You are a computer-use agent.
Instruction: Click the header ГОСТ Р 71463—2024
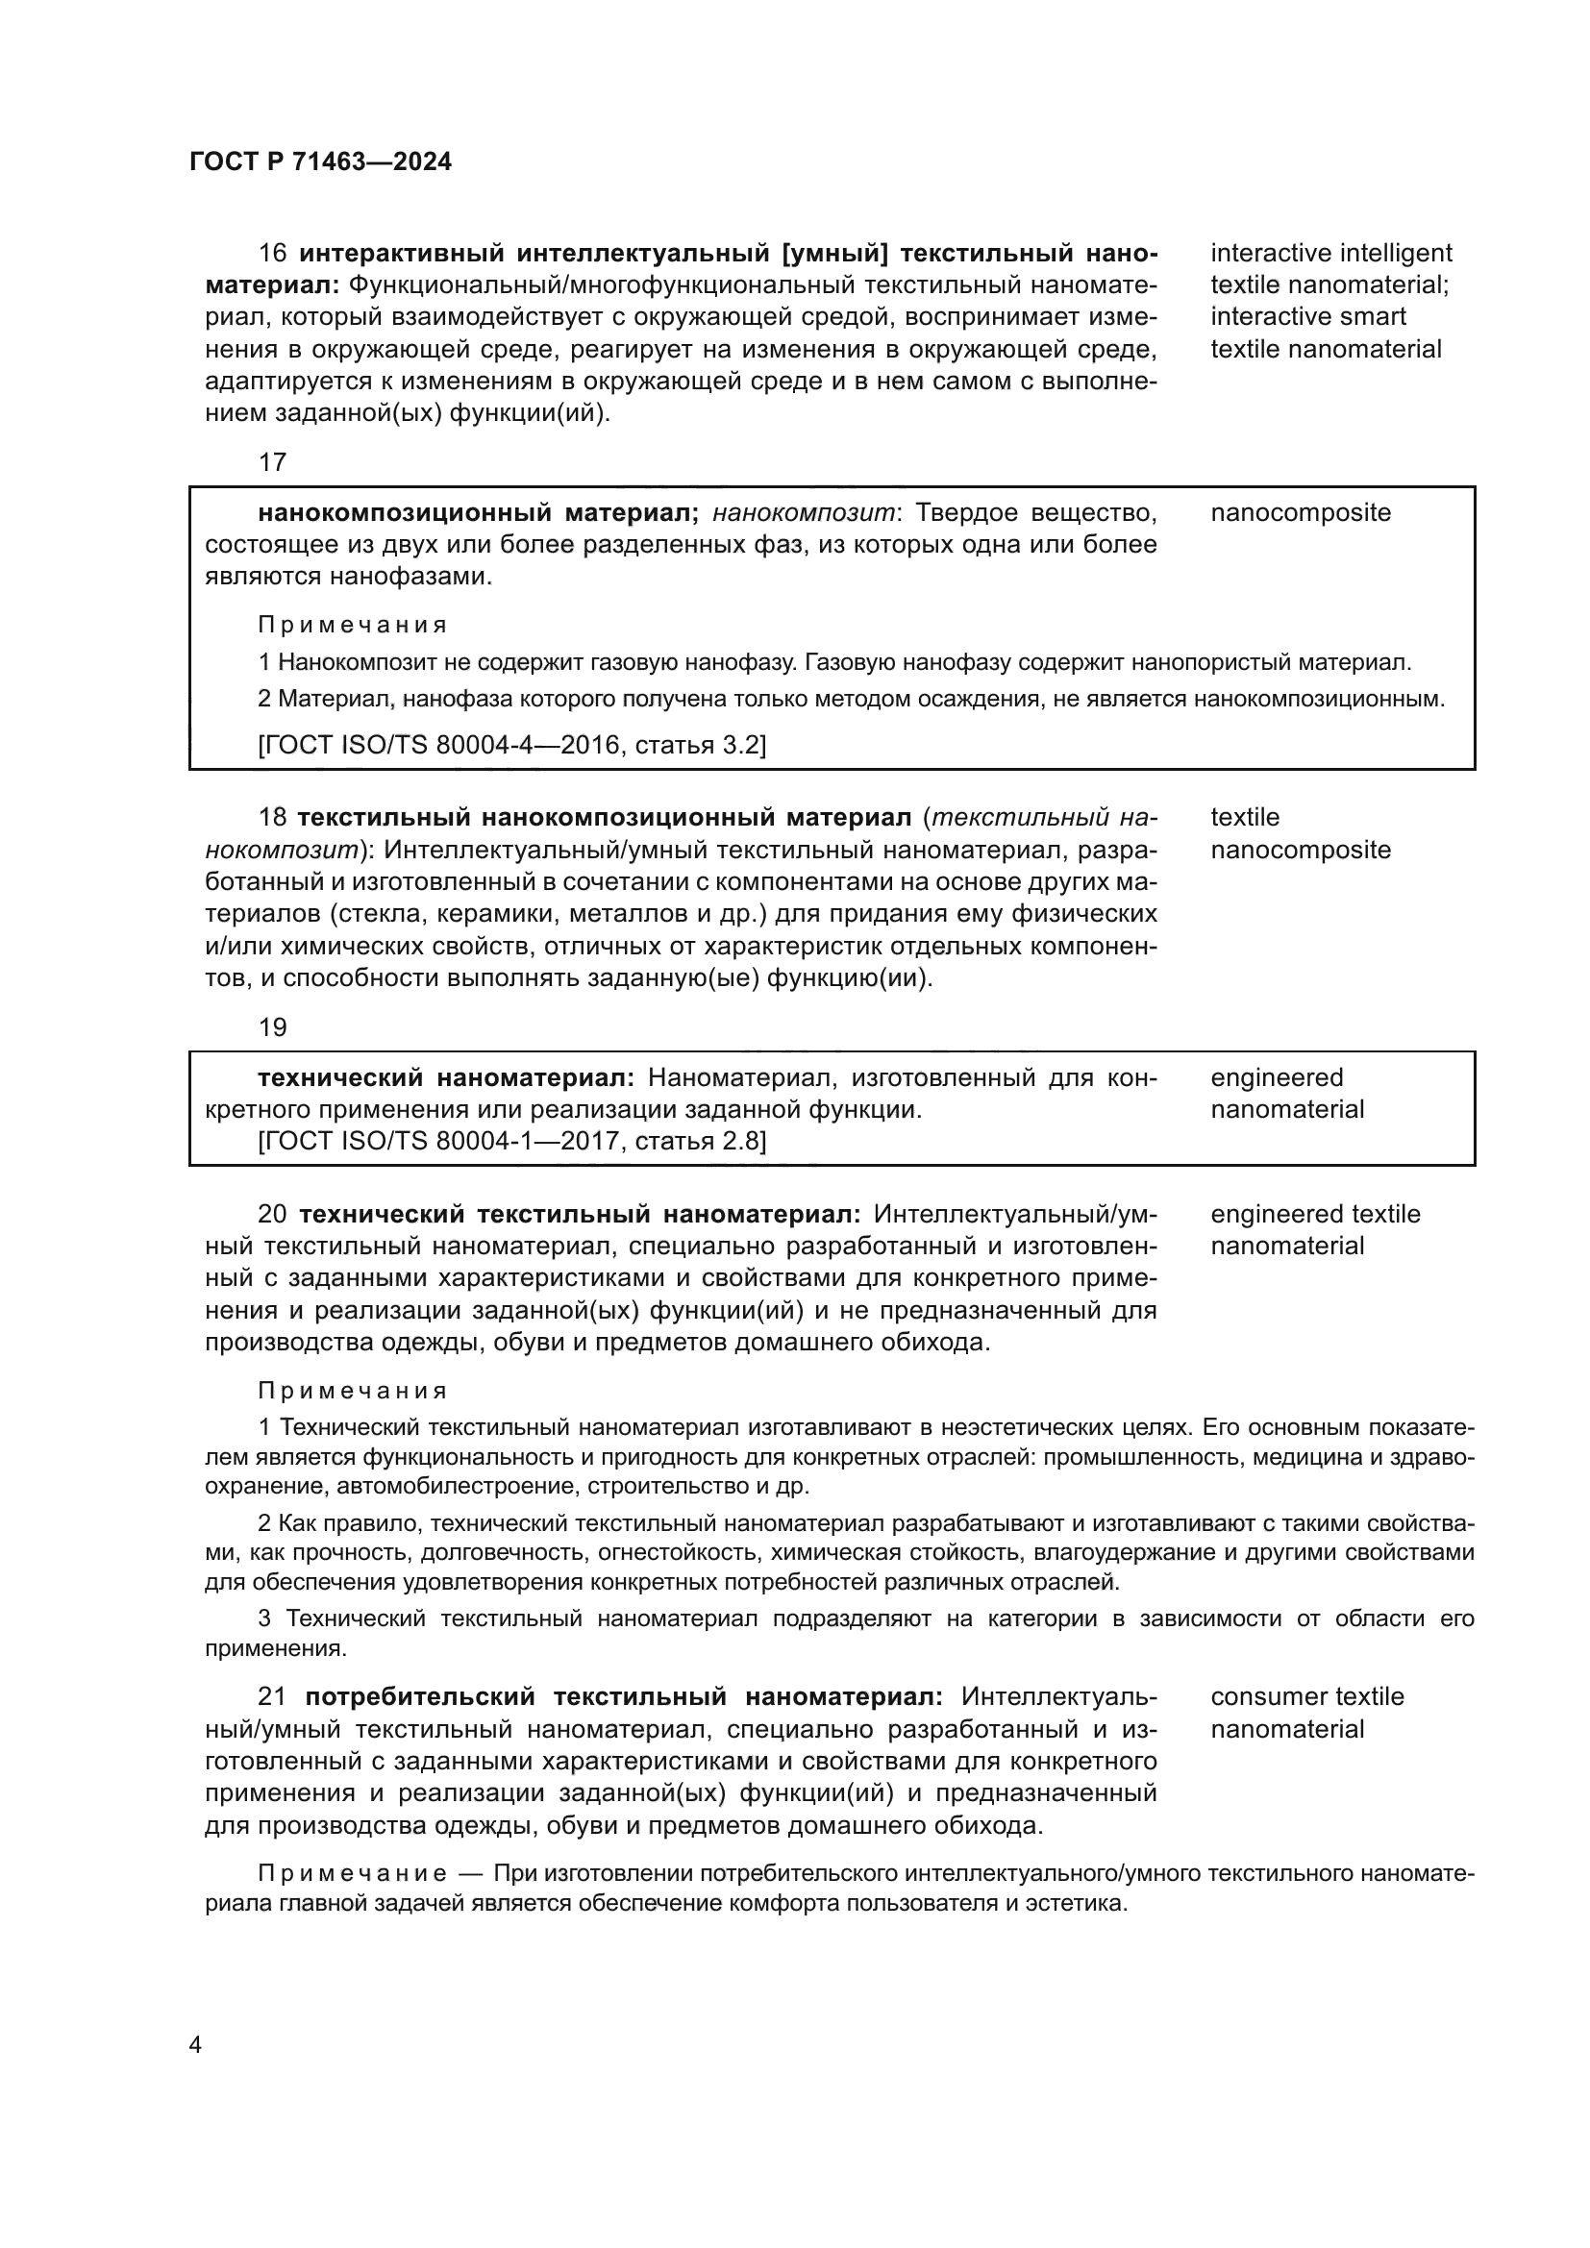320,162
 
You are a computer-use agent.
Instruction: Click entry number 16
272,254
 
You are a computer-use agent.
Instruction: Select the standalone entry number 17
272,462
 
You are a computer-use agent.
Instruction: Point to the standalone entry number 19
272,1027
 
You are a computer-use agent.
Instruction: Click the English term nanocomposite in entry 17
1300,513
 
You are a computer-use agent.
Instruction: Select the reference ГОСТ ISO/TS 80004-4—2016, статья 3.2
511,746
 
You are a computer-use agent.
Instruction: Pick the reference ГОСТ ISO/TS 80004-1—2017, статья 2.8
511,1141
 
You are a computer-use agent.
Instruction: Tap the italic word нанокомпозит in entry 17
803,513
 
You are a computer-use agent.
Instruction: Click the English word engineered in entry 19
1277,1078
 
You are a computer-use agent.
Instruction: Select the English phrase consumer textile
1306,1696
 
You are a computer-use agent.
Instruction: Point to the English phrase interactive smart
1307,317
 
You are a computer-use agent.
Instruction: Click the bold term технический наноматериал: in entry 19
446,1078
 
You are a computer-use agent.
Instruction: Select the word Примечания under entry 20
353,1392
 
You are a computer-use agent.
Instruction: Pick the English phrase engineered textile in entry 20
1314,1214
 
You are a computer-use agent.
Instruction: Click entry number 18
272,818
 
